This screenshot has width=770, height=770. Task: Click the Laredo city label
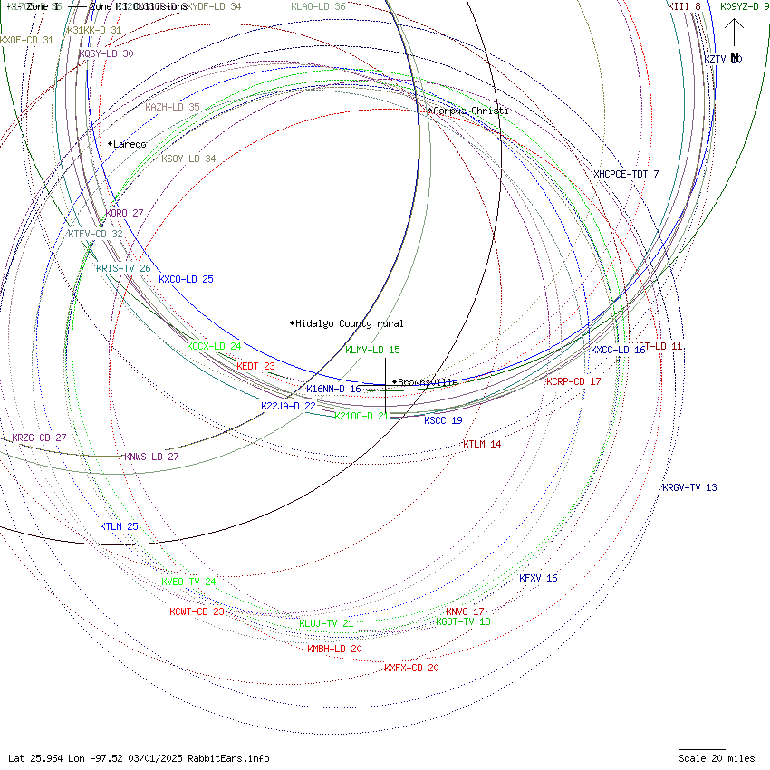(x=130, y=144)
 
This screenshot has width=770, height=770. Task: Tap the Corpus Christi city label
(x=470, y=111)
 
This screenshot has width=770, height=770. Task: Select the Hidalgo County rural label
(x=349, y=323)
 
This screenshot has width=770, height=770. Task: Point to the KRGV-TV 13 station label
(x=689, y=487)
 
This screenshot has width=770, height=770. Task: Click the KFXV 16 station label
(x=538, y=578)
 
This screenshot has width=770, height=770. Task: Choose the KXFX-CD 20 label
(x=411, y=668)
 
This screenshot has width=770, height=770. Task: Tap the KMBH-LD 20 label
(x=334, y=649)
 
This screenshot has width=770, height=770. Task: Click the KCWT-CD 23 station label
(x=197, y=611)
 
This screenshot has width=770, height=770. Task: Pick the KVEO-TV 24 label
(x=188, y=582)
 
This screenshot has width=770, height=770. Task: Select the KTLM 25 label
(x=119, y=526)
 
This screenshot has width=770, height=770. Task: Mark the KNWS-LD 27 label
(x=151, y=457)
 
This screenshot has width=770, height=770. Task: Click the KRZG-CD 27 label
(x=39, y=438)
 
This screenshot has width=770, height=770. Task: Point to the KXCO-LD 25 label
(x=186, y=279)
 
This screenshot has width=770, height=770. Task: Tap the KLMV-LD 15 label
(x=372, y=350)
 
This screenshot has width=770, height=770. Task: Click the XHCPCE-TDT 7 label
(x=626, y=174)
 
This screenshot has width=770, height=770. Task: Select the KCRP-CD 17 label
(x=573, y=381)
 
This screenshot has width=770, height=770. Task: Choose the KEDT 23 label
(x=255, y=366)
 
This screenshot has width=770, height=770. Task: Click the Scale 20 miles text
(x=717, y=758)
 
